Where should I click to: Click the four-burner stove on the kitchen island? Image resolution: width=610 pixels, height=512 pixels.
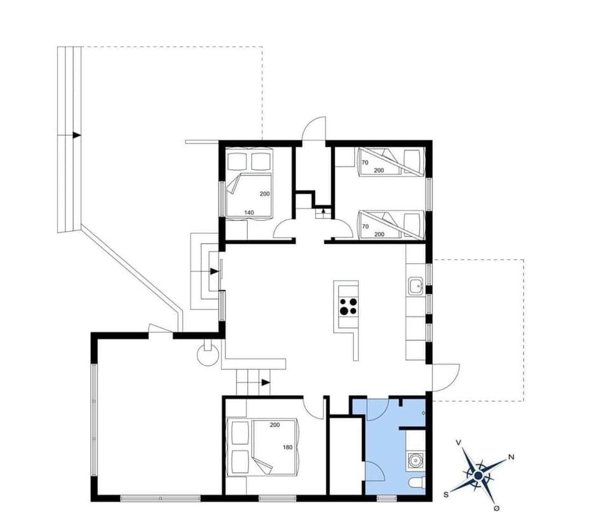[x=348, y=306]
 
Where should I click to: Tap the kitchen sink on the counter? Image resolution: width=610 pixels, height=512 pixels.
[x=416, y=286]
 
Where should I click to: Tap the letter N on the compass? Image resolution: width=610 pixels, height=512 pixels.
[x=511, y=457]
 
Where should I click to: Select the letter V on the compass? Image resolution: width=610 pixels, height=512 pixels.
[x=459, y=442]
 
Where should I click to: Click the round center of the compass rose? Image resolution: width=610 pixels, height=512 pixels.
[x=478, y=475]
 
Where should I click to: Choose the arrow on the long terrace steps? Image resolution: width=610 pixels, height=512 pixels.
[x=76, y=135]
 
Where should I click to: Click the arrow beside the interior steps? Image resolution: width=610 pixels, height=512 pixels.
[x=264, y=382]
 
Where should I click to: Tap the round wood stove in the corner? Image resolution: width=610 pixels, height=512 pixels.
[x=208, y=353]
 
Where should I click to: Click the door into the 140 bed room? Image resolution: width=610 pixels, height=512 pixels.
[x=284, y=228]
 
